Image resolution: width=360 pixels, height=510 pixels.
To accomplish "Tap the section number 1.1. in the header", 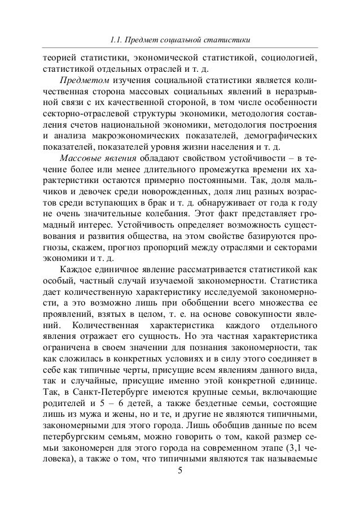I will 118,40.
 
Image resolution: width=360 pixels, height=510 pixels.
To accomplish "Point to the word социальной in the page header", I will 182,40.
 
